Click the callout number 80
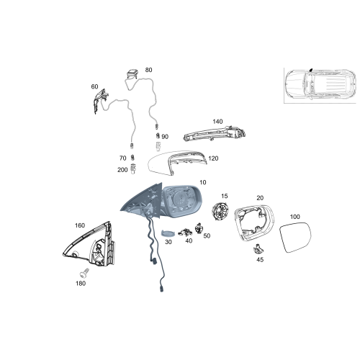click(x=148, y=70)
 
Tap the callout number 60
click(x=94, y=86)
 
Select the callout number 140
click(x=218, y=122)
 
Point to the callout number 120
click(x=213, y=158)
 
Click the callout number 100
click(x=294, y=216)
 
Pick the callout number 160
click(x=79, y=225)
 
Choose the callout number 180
click(x=80, y=283)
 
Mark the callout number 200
click(x=122, y=170)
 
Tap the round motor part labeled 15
click(x=220, y=213)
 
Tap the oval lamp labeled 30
click(x=166, y=233)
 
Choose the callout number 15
click(x=224, y=196)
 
